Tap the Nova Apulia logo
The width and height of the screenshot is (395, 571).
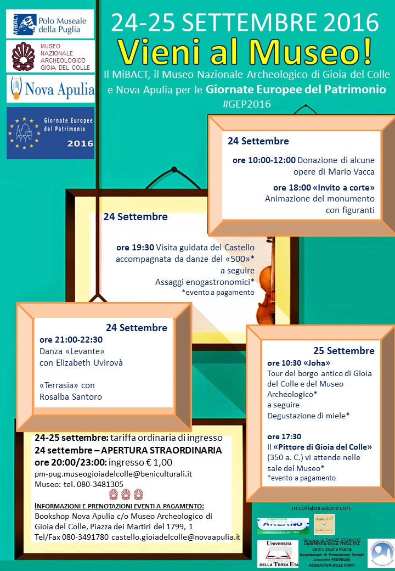[50, 88]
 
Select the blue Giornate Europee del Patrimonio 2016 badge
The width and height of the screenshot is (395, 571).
[50, 133]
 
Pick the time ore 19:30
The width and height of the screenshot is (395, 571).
[135, 248]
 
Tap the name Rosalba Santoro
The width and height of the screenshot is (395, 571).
[71, 396]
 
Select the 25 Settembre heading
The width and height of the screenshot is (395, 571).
[343, 351]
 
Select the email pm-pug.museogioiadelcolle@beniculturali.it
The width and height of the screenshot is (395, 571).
[113, 473]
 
